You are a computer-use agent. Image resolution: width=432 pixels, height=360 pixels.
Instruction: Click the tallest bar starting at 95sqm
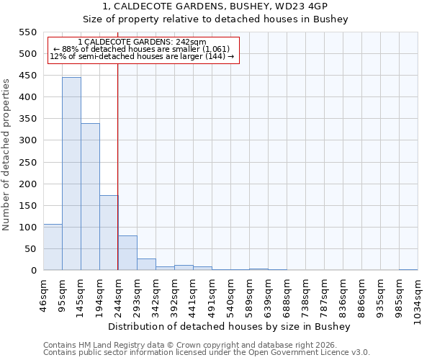click(71, 174)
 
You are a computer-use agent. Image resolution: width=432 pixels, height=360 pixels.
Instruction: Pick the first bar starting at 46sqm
click(53, 247)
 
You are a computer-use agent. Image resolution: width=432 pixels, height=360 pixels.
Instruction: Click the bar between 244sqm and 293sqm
click(127, 253)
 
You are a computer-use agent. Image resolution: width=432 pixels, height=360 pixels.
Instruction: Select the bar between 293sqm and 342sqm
click(146, 264)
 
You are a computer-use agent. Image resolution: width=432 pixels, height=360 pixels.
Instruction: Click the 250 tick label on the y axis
click(27, 163)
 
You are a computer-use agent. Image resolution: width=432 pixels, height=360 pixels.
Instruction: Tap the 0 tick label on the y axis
click(34, 271)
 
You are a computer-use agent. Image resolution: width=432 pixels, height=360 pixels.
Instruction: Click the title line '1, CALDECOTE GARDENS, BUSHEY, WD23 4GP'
click(215, 6)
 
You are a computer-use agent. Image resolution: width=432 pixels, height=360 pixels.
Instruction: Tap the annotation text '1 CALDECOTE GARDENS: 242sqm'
click(142, 42)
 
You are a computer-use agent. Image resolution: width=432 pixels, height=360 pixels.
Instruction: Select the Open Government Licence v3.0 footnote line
click(207, 353)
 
